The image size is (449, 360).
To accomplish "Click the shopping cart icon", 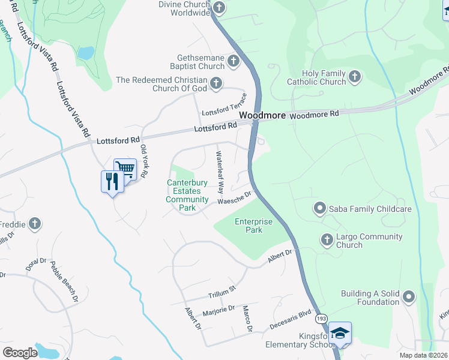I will (125, 168).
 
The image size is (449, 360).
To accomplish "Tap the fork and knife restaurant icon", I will (112, 181).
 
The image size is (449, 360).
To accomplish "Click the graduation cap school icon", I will (340, 332).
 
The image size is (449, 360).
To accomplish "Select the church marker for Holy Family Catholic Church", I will (355, 76).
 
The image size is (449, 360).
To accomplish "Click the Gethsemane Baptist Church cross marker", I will (233, 61).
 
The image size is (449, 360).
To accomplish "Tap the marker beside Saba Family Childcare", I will (319, 209).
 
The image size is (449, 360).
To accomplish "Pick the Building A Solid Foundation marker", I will (409, 297).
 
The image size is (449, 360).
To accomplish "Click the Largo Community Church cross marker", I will (327, 240).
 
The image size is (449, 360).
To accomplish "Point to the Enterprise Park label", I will (253, 226).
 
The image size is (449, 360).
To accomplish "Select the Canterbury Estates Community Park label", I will (187, 195).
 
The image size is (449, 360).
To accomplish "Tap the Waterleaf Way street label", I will (220, 172).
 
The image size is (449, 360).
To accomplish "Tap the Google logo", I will (20, 352).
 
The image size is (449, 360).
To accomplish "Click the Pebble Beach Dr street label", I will (64, 281).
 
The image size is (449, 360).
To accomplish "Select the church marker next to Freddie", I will (35, 224).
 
